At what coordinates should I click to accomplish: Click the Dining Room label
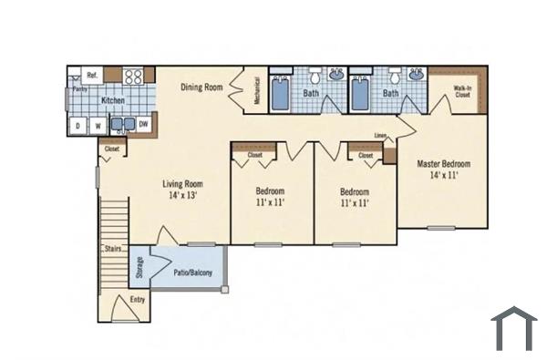click(x=201, y=87)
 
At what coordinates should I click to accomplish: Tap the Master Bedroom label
click(x=443, y=169)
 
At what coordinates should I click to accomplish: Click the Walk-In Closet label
click(x=462, y=90)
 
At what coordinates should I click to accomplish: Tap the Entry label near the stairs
click(x=138, y=299)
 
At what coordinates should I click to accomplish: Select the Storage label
click(x=139, y=267)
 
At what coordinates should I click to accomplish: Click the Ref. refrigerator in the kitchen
click(x=92, y=75)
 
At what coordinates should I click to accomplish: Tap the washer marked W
click(x=96, y=126)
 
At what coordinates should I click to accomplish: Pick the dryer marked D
click(x=77, y=126)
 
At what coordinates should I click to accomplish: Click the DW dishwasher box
click(x=143, y=123)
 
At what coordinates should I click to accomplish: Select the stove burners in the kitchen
click(x=133, y=77)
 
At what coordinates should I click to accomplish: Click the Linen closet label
click(x=380, y=136)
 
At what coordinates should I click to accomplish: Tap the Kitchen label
click(x=113, y=100)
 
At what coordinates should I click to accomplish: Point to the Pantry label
click(x=79, y=89)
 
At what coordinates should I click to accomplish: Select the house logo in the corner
click(x=513, y=329)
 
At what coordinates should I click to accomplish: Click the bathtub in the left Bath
click(x=281, y=93)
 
